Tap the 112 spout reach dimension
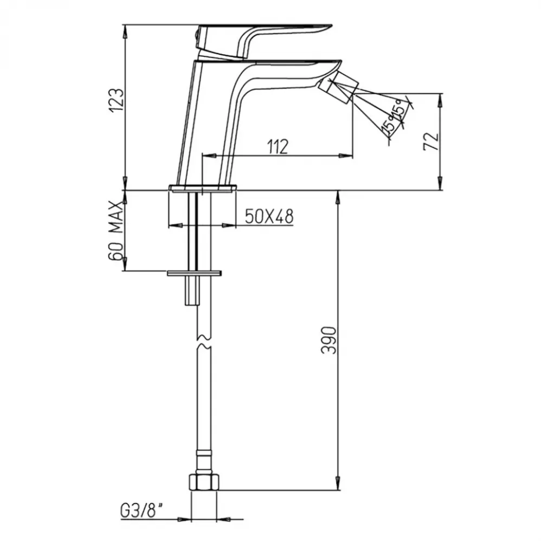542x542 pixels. coord(278,147)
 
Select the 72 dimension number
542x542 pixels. coord(431,141)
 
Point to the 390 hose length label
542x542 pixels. coord(328,340)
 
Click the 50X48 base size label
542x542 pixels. coord(269,216)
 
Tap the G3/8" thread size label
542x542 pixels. coord(142,511)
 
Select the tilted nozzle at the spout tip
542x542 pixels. coord(338,88)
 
